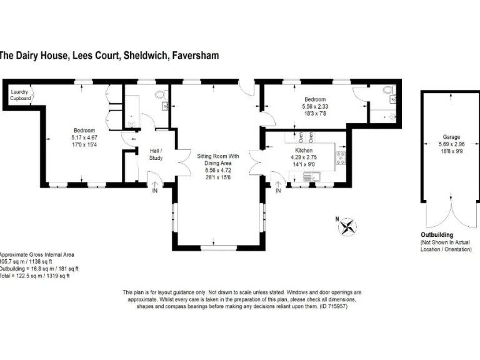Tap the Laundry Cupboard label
pos(20,95)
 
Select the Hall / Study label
pos(156,154)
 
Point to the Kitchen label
pos(304,150)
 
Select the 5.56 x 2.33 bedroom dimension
pos(315,106)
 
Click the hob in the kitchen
pos(341,159)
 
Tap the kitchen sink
pos(311,178)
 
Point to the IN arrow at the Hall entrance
pos(155,187)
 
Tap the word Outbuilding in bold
pos(437,235)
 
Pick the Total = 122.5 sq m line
pos(34,275)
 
